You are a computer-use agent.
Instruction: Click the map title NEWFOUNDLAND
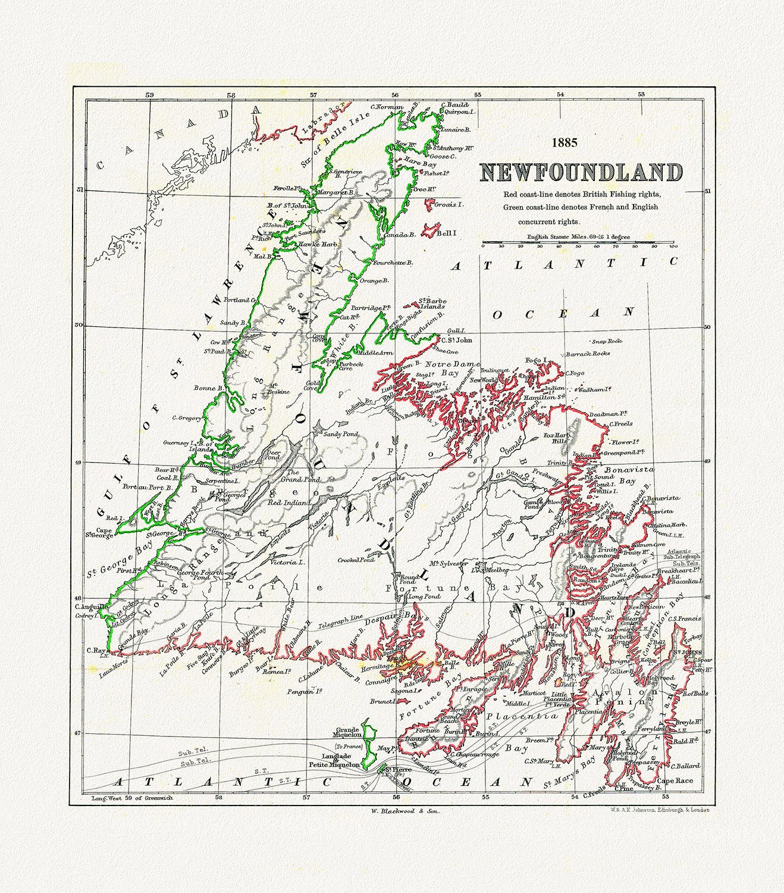pyautogui.click(x=581, y=173)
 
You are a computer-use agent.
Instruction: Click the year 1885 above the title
pyautogui.click(x=564, y=143)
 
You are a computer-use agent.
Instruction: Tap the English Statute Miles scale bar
pyautogui.click(x=578, y=243)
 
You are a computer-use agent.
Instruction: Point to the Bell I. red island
pyautogui.click(x=432, y=230)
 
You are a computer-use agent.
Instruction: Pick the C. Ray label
pyautogui.click(x=96, y=650)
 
